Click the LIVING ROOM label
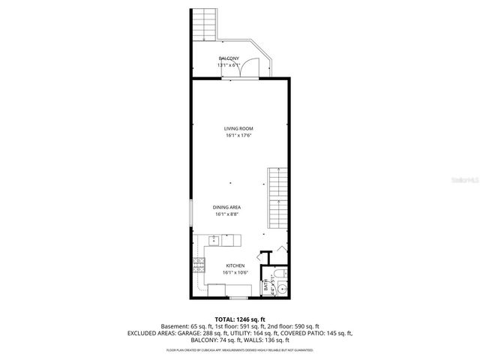pyautogui.click(x=238, y=129)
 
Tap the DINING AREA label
pyautogui.click(x=227, y=207)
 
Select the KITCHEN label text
pyautogui.click(x=235, y=265)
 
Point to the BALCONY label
pyautogui.click(x=229, y=58)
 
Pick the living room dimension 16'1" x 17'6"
pyautogui.click(x=238, y=136)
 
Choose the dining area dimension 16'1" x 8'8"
pyautogui.click(x=227, y=214)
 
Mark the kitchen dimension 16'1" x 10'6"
pyautogui.click(x=236, y=272)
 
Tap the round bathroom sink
pyautogui.click(x=278, y=274)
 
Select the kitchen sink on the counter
pyautogui.click(x=214, y=241)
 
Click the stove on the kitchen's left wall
pyautogui.click(x=199, y=264)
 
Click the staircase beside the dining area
pyautogui.click(x=277, y=198)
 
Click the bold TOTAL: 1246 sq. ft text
pyautogui.click(x=239, y=319)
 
